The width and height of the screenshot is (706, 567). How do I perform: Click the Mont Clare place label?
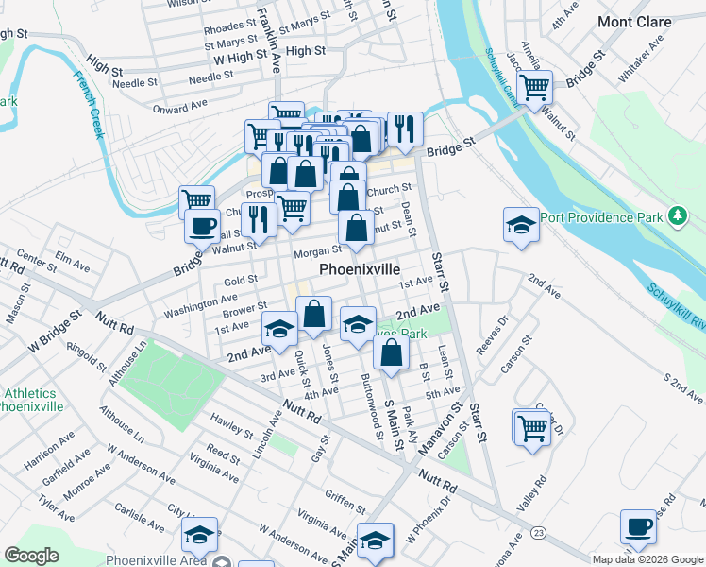pos(635,21)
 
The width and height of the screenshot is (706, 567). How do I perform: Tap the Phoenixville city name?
pos(360,269)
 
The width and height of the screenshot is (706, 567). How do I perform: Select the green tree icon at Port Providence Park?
pos(677,216)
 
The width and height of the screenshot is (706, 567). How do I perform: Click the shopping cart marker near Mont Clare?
pos(535,88)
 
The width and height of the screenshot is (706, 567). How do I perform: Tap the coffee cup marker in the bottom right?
pos(638,526)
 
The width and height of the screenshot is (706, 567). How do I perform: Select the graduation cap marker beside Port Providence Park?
pos(520,224)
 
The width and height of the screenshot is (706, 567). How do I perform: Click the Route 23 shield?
pos(538,534)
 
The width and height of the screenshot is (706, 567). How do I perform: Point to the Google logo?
pos(31,556)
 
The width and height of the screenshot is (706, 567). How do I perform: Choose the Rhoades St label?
pos(230,26)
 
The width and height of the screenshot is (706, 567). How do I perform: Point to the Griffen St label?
pos(345,500)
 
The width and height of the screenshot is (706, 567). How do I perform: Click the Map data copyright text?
pos(647,559)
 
